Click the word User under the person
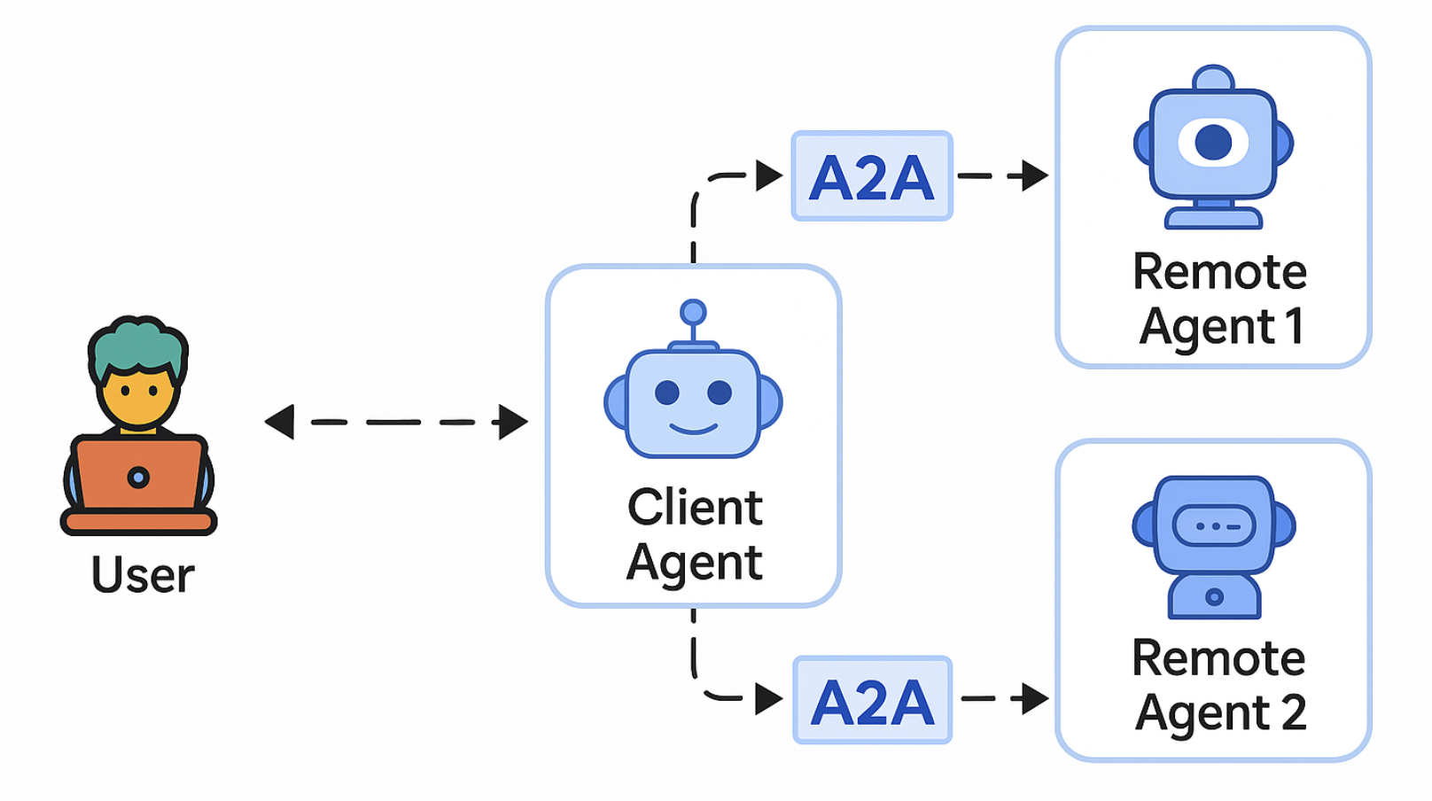pos(143,575)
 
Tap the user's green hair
pos(137,345)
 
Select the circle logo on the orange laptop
pos(138,478)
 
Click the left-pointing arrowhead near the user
pos(280,422)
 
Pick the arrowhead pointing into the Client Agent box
pos(513,422)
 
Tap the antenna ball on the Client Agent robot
pos(693,312)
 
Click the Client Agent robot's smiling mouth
pos(693,430)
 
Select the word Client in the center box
pos(695,508)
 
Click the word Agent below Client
pos(695,563)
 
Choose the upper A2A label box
pos(872,176)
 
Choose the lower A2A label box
pos(872,701)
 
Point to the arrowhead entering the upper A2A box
pos(769,175)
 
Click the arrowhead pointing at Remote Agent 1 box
pos(1034,175)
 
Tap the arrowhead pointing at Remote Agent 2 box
pos(1034,698)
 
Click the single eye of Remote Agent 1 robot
pos(1213,142)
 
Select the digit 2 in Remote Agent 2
pos(1293,712)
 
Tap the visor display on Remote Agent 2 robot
pos(1213,526)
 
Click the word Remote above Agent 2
pos(1218,658)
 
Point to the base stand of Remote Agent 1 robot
pos(1213,217)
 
